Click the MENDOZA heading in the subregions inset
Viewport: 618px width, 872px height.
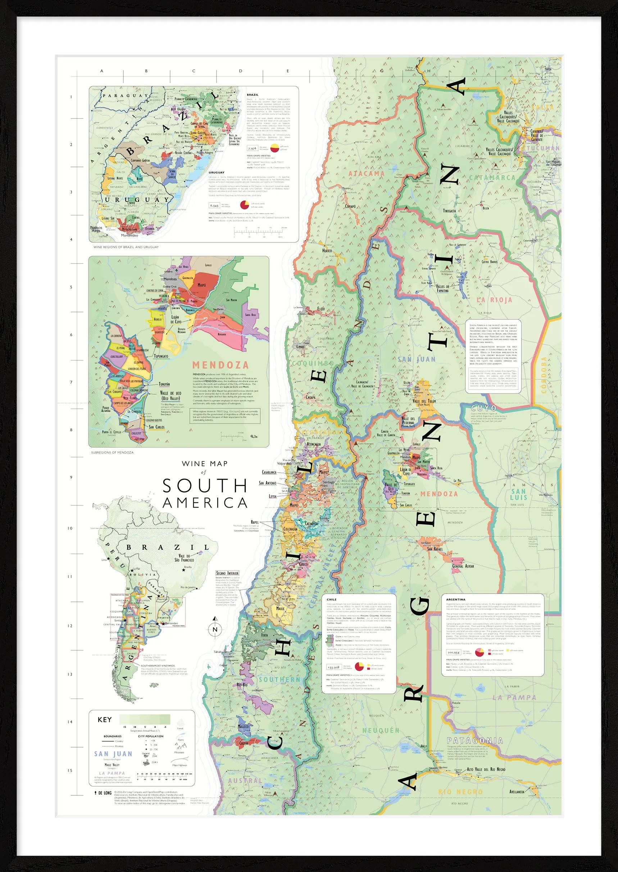pyautogui.click(x=221, y=365)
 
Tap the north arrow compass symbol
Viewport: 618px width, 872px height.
pyautogui.click(x=215, y=629)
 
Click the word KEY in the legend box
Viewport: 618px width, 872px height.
pyautogui.click(x=105, y=720)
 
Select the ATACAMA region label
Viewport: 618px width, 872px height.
pyautogui.click(x=367, y=173)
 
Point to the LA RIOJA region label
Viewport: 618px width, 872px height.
pyautogui.click(x=495, y=300)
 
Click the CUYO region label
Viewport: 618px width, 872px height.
pyautogui.click(x=484, y=408)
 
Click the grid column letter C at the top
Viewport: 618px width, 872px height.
pyautogui.click(x=194, y=71)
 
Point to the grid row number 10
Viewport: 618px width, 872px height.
pyautogui.click(x=70, y=528)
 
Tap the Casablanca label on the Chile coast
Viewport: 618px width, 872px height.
pyautogui.click(x=269, y=473)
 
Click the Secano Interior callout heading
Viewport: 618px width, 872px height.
pyautogui.click(x=228, y=573)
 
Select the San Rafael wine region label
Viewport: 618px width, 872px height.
pyautogui.click(x=435, y=549)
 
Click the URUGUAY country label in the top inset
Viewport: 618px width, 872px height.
pyautogui.click(x=137, y=200)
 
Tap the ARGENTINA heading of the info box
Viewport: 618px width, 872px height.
pyautogui.click(x=455, y=600)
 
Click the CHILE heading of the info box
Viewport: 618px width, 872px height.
pyautogui.click(x=331, y=600)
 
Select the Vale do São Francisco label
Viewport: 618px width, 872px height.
pyautogui.click(x=184, y=558)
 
